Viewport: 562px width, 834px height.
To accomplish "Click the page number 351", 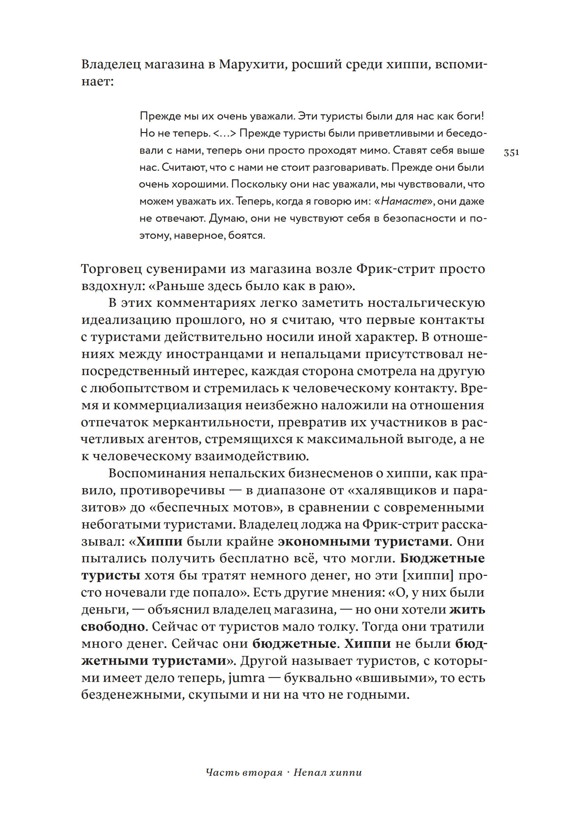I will point(511,152).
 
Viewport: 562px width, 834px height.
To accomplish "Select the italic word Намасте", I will point(404,201).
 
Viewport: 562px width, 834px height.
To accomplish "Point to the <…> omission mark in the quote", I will point(225,133).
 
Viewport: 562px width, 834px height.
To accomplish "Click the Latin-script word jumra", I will point(247,678).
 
